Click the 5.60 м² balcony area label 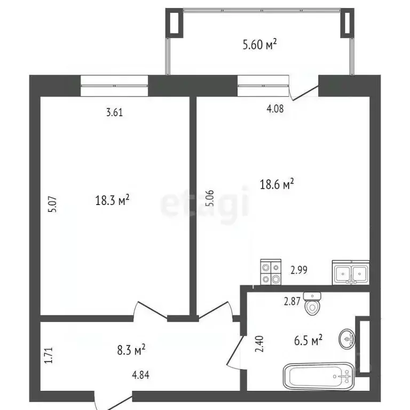[259, 44]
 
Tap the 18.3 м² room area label [112, 200]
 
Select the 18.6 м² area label [277, 184]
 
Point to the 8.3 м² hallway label [131, 350]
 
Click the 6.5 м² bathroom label [308, 341]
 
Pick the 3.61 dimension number [115, 113]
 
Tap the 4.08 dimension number [275, 108]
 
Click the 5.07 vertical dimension [52, 204]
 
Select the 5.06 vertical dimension [210, 198]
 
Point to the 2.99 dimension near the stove [299, 270]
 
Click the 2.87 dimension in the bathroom [292, 302]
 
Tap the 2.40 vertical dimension [259, 344]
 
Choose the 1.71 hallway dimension [49, 355]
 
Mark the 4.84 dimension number [141, 375]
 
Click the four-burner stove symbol [271, 272]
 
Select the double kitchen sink [351, 272]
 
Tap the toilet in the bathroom [312, 304]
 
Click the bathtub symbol [319, 376]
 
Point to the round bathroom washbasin [347, 339]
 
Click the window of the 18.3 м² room [114, 85]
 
